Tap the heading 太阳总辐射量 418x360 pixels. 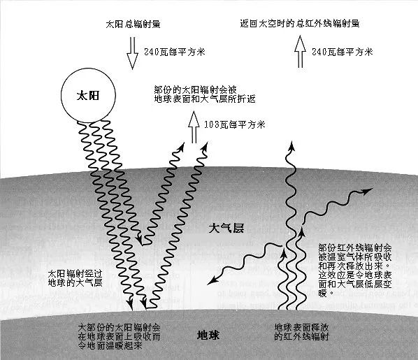tap(133, 24)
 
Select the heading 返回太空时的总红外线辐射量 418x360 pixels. tap(300, 23)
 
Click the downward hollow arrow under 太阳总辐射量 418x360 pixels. tap(133, 53)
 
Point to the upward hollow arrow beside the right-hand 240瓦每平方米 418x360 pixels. tap(300, 52)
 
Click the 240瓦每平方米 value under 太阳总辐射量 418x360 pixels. tap(175, 52)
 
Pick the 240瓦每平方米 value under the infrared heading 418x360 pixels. tap(343, 52)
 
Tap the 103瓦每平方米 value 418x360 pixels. tap(235, 124)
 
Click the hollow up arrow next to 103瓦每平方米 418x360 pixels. tap(194, 127)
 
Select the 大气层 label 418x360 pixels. tap(226, 229)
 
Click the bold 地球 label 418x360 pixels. tap(208, 336)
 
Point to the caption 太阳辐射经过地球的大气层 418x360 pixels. tap(75, 278)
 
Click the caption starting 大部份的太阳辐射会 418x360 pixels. tap(119, 336)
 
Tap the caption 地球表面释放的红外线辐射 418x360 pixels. tap(301, 332)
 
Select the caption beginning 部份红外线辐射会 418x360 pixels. tap(355, 270)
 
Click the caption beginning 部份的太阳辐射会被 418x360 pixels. tap(205, 94)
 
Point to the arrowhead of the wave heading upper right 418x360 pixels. tap(368, 191)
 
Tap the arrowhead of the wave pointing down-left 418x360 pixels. tap(212, 280)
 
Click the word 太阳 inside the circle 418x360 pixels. tap(88, 96)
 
